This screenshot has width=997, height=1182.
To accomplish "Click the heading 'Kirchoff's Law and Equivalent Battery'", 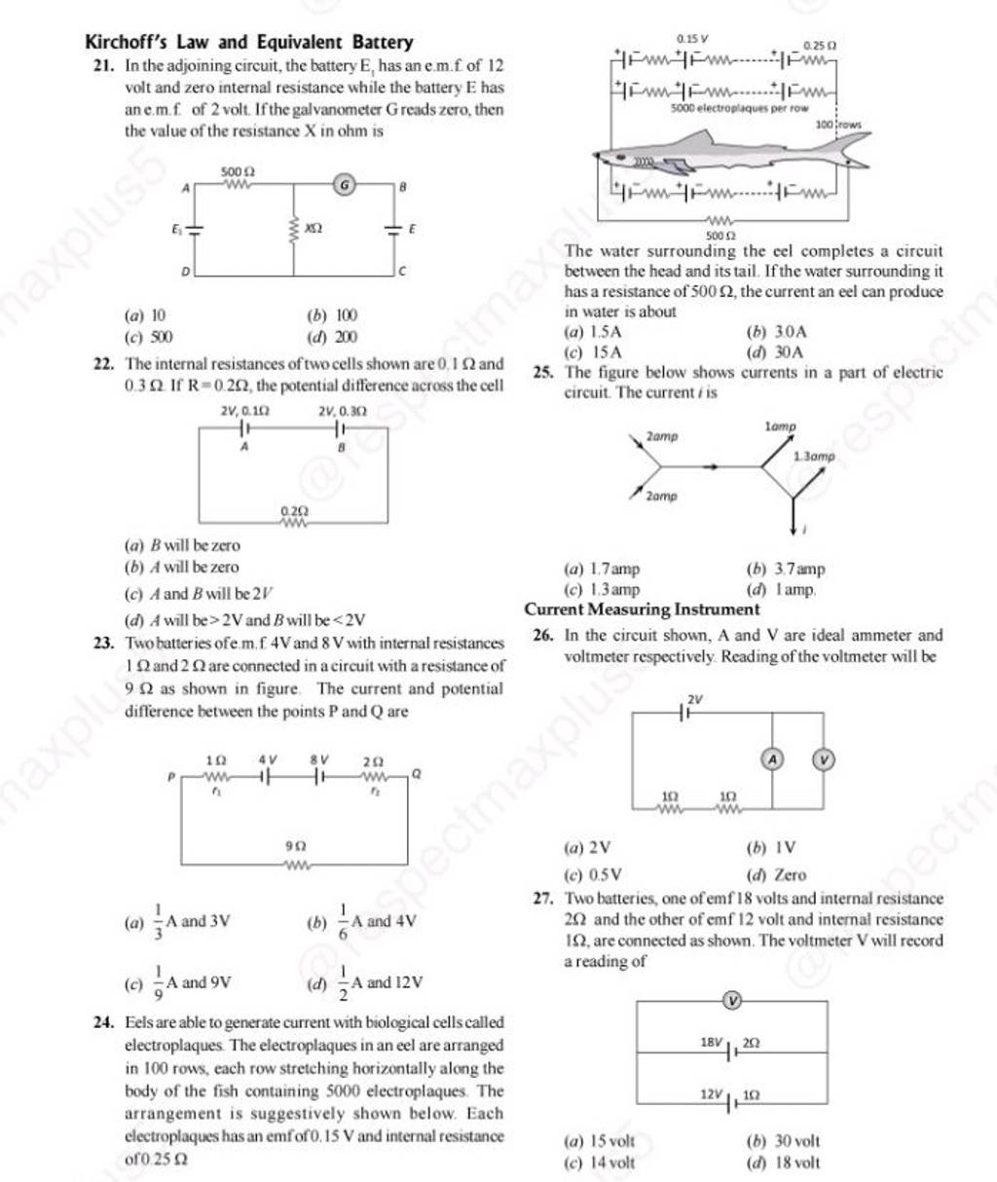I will pyautogui.click(x=249, y=43).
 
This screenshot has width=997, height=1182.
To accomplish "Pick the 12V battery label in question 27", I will pyautogui.click(x=712, y=1095).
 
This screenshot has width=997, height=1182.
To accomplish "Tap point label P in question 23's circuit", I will pyautogui.click(x=171, y=777).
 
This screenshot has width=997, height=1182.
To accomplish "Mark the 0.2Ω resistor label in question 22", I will pyautogui.click(x=293, y=509).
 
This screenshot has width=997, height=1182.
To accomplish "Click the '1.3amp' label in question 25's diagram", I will pyautogui.click(x=814, y=456).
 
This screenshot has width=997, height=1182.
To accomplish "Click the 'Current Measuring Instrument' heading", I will pyautogui.click(x=642, y=609).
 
